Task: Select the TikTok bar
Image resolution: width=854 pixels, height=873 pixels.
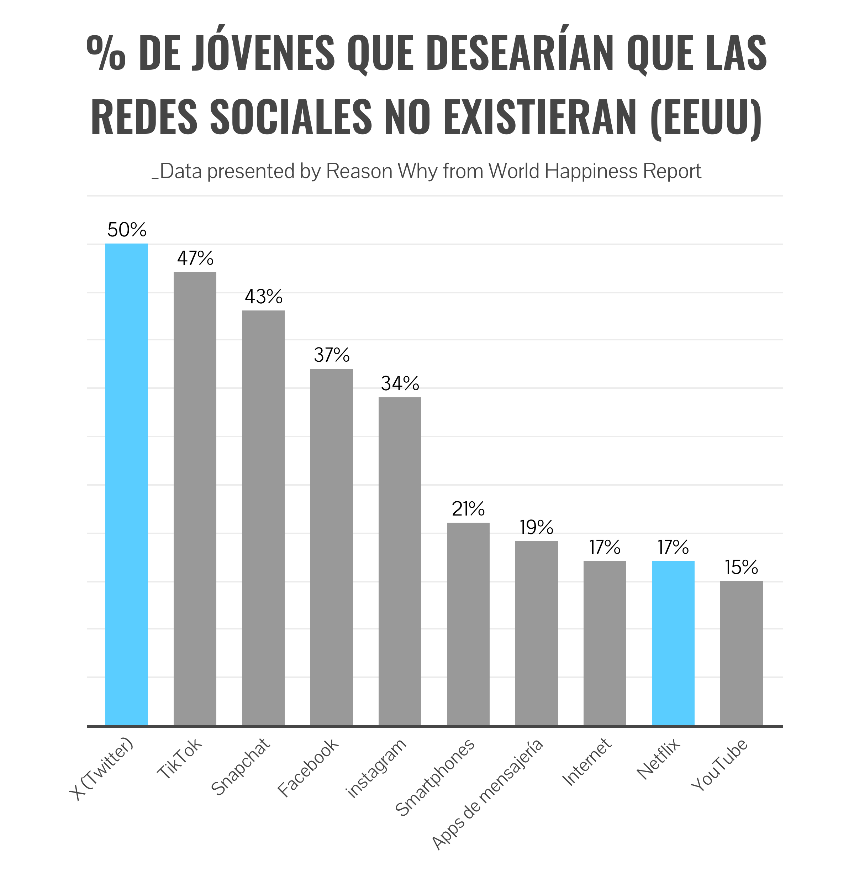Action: pyautogui.click(x=195, y=498)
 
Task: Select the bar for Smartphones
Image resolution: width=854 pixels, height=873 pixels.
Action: pyautogui.click(x=468, y=623)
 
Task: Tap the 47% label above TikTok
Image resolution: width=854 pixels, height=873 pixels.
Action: pyautogui.click(x=195, y=258)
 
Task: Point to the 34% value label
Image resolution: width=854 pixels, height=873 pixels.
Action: pyautogui.click(x=400, y=383)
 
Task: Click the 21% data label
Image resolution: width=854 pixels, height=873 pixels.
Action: pyautogui.click(x=468, y=509)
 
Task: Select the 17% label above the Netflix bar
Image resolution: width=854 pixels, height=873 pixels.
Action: pyautogui.click(x=673, y=547)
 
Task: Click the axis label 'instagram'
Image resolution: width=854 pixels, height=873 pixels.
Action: pyautogui.click(x=377, y=768)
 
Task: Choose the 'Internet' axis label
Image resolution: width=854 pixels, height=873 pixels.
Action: pyautogui.click(x=587, y=762)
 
